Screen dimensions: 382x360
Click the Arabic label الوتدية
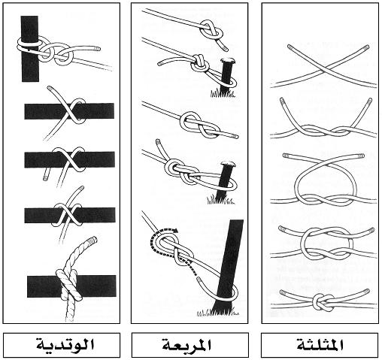65,344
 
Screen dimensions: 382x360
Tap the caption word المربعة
186,345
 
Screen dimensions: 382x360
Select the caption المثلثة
320,345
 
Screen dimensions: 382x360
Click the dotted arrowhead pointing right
175,230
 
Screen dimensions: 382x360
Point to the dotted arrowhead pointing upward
189,262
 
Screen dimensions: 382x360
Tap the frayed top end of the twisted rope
92,240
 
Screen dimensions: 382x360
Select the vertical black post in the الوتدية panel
30,49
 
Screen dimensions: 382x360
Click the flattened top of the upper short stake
228,61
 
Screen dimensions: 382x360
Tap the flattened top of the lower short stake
228,165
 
